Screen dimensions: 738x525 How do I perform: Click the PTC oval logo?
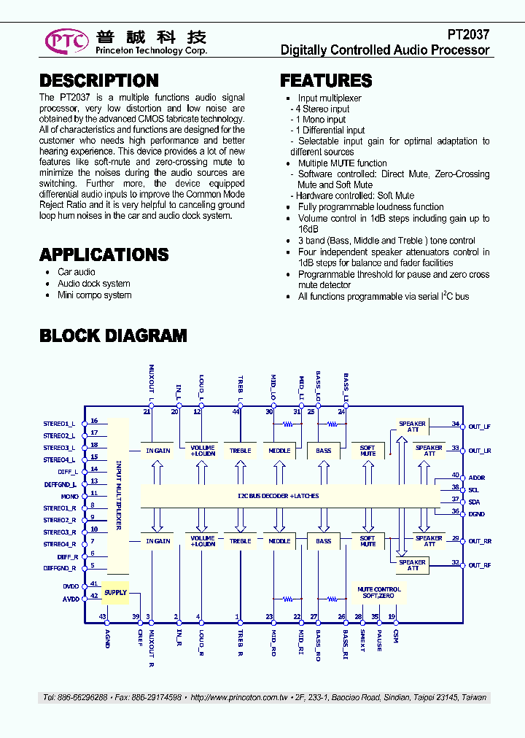[67, 41]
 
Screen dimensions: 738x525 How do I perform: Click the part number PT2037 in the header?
[468, 34]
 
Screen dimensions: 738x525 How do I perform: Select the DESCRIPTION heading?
[98, 81]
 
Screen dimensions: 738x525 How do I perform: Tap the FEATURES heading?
[326, 81]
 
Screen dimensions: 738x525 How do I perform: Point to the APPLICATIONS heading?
[104, 255]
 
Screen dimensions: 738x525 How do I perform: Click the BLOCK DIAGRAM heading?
[113, 335]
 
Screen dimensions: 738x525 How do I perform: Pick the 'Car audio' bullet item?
[76, 272]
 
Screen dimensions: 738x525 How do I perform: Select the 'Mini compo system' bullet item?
[95, 295]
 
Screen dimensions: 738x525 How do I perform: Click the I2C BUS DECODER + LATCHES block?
[278, 496]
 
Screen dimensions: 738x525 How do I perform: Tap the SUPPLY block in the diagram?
[115, 592]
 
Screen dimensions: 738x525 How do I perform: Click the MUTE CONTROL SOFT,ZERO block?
[378, 592]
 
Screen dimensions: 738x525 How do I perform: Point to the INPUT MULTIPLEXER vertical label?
[118, 496]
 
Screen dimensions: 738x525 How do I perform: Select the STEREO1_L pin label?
[59, 424]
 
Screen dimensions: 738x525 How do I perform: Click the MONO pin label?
[70, 496]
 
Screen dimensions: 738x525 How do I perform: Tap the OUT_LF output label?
[479, 427]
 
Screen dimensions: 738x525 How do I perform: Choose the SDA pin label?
[474, 502]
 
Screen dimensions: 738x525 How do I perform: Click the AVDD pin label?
[70, 598]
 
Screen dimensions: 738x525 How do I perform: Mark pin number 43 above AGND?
[104, 617]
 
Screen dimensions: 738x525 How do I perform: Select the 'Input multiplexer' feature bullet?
[329, 98]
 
